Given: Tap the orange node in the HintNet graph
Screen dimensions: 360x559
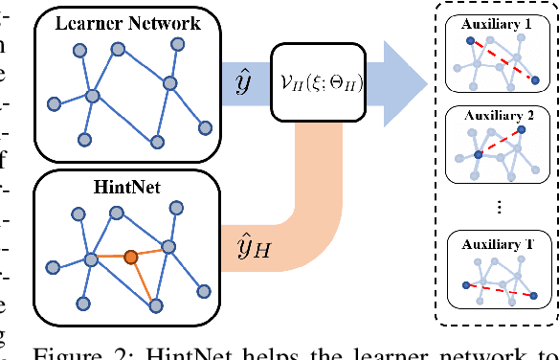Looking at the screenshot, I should pyautogui.click(x=131, y=257).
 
